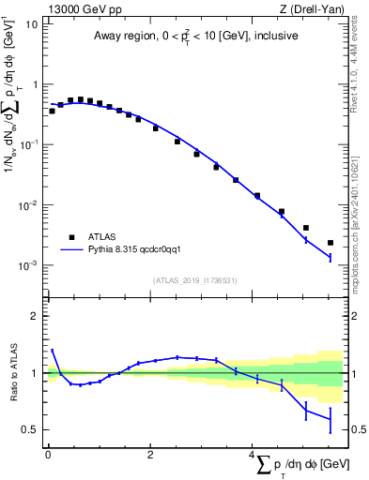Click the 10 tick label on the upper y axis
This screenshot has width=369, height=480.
pyautogui.click(x=32, y=23)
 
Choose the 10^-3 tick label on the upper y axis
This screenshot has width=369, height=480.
pyautogui.click(x=29, y=265)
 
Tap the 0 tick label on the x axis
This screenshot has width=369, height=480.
pyautogui.click(x=47, y=454)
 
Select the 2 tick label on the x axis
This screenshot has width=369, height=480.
pyautogui.click(x=150, y=454)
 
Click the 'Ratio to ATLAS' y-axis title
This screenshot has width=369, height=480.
pyautogui.click(x=12, y=373)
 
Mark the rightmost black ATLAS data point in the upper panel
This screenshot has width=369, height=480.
pyautogui.click(x=331, y=243)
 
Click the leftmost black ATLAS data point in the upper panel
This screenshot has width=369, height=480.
pyautogui.click(x=52, y=111)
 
